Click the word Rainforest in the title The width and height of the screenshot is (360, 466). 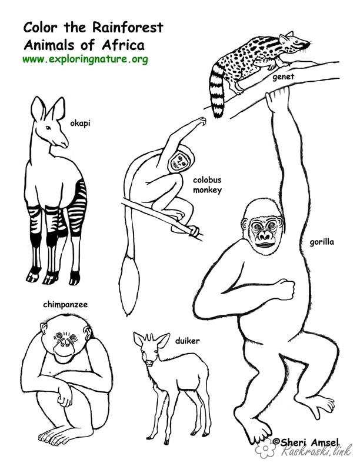pyautogui.click(x=128, y=28)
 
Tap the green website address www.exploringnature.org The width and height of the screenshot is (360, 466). pyautogui.click(x=85, y=59)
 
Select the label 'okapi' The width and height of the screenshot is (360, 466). pyautogui.click(x=80, y=124)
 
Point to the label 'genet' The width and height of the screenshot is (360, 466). pyautogui.click(x=283, y=77)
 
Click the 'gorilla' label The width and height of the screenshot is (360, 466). pyautogui.click(x=322, y=242)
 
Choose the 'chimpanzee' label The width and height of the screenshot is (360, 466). pyautogui.click(x=65, y=305)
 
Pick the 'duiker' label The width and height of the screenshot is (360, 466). pyautogui.click(x=187, y=341)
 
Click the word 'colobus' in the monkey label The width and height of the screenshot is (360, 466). pyautogui.click(x=207, y=180)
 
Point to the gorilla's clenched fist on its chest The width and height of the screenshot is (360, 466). pyautogui.click(x=285, y=289)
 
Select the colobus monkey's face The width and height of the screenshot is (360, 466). pyautogui.click(x=179, y=161)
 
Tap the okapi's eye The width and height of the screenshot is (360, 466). pyautogui.click(x=48, y=128)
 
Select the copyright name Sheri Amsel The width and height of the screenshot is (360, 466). pyautogui.click(x=306, y=442)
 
